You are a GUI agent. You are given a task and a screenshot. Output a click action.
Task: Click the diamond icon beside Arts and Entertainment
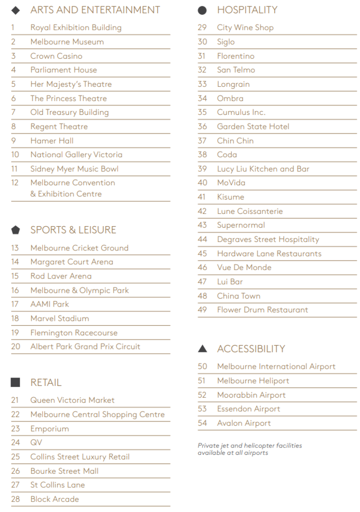coord(15,10)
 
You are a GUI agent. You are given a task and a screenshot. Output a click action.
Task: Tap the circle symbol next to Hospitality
coord(202,10)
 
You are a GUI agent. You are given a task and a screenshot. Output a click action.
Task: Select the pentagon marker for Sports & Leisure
coord(15,230)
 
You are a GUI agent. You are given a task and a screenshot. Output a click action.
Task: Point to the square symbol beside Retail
coord(15,382)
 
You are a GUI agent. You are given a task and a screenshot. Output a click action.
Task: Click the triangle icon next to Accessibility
coord(202,348)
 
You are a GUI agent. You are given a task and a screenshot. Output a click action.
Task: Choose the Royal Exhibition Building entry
coord(76,28)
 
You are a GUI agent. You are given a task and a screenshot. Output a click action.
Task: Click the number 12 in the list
coord(15,183)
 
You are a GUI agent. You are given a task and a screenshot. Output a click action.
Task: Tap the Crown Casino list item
coord(56,56)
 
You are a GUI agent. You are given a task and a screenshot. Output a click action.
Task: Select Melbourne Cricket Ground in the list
coord(79,248)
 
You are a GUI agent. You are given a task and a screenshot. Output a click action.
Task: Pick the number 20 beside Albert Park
coord(15,347)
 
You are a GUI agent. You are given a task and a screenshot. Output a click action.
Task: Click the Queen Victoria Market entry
coord(73,400)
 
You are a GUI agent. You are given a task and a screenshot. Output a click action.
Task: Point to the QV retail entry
coord(36,443)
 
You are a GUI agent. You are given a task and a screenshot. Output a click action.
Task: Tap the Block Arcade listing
coord(55,499)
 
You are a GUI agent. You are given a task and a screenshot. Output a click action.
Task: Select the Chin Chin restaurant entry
coord(235,141)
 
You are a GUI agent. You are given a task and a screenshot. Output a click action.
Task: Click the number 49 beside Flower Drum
coord(202,310)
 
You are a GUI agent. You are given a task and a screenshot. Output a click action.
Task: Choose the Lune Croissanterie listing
coord(250,211)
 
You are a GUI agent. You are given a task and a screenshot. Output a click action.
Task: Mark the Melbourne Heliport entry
coord(253,381)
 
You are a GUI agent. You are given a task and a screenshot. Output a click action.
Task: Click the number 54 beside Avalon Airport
coord(202,423)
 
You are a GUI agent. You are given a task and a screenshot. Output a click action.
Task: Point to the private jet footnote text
coord(250,449)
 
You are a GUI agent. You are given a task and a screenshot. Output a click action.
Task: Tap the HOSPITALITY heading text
coord(247,10)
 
